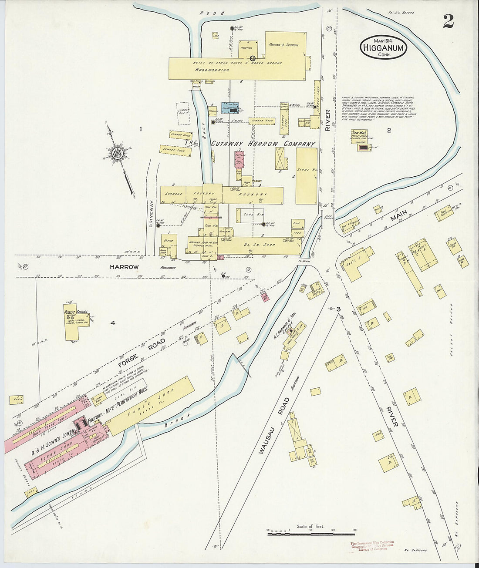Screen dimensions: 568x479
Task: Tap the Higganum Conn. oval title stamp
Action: pos(383,47)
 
